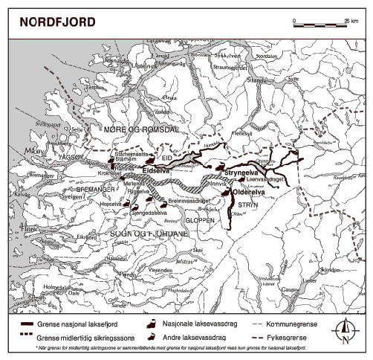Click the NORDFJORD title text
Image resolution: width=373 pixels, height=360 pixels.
51,20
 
